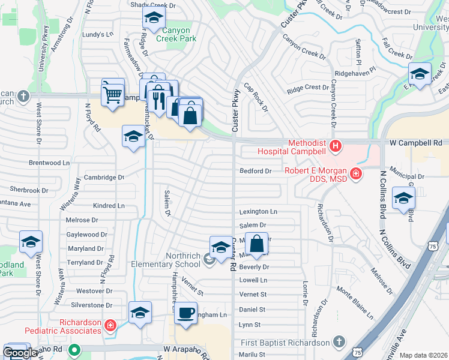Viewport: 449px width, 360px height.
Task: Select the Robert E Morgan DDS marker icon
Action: click(355, 174)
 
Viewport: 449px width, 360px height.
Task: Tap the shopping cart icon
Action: click(112, 93)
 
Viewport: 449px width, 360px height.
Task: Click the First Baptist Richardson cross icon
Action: click(339, 342)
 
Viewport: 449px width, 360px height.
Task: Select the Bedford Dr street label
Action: click(256, 171)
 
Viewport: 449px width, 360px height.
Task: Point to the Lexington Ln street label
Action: click(258, 212)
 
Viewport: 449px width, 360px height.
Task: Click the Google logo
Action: click(20, 353)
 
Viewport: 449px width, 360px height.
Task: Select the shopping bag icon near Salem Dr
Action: click(256, 244)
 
